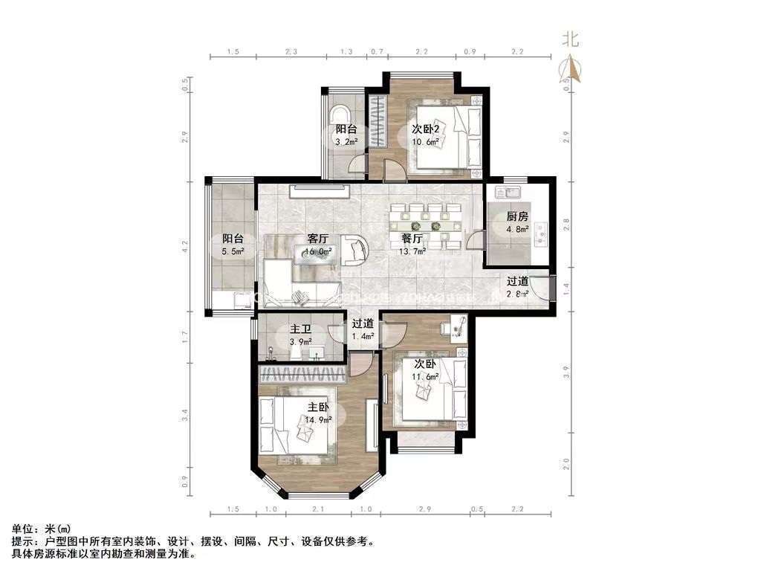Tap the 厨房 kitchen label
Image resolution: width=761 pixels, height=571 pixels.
pyautogui.click(x=517, y=216)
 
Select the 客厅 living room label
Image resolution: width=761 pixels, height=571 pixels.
pyautogui.click(x=318, y=239)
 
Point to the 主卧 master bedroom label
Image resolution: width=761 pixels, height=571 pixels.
pyautogui.click(x=318, y=407)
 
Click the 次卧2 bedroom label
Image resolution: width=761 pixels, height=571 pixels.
pyautogui.click(x=427, y=128)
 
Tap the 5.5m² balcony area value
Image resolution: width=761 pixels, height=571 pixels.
pyautogui.click(x=233, y=252)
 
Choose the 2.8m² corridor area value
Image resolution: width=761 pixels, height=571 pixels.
pyautogui.click(x=517, y=294)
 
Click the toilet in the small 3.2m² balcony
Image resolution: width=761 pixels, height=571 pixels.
pyautogui.click(x=340, y=115)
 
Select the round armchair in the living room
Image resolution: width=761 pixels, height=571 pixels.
pyautogui.click(x=354, y=251)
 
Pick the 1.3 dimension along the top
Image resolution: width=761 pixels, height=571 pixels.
pyautogui.click(x=346, y=52)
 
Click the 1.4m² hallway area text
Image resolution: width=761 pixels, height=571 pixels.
pyautogui.click(x=362, y=336)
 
